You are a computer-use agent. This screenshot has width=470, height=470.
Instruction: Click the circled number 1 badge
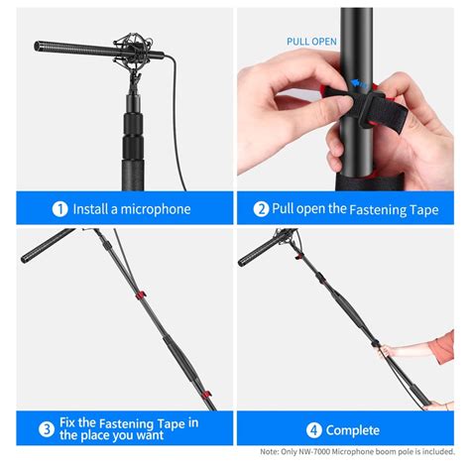coord(60,209)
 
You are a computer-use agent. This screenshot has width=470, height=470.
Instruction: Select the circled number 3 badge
coord(47,430)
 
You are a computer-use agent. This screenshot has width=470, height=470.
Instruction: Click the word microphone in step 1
coord(154,209)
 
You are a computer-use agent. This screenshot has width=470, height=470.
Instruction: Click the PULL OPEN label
coord(312,42)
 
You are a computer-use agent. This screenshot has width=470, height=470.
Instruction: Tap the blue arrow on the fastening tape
coord(364,85)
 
